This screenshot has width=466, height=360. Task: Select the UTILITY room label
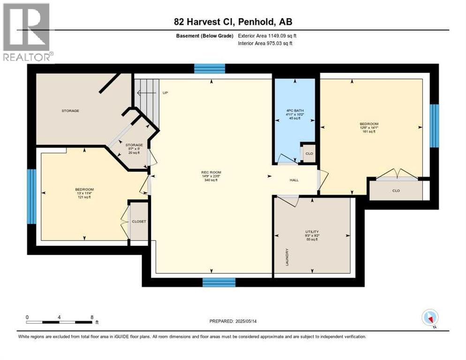[x=312, y=232]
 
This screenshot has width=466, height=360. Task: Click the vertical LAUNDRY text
[x=286, y=257]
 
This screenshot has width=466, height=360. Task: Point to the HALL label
[x=294, y=180]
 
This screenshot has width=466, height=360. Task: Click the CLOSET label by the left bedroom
[x=139, y=221]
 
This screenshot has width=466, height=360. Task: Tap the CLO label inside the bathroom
[x=309, y=154]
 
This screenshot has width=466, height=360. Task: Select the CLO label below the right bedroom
[x=396, y=191]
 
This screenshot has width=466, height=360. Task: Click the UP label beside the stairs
[x=165, y=93]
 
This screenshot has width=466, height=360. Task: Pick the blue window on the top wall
[x=210, y=69]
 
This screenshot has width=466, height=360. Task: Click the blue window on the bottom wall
[x=218, y=282]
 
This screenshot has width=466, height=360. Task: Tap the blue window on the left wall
[x=31, y=196]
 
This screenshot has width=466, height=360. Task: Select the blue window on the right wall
[x=435, y=126]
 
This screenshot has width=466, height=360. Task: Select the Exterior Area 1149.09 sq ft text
[x=267, y=36]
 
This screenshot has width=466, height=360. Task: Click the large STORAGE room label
[x=70, y=111]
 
